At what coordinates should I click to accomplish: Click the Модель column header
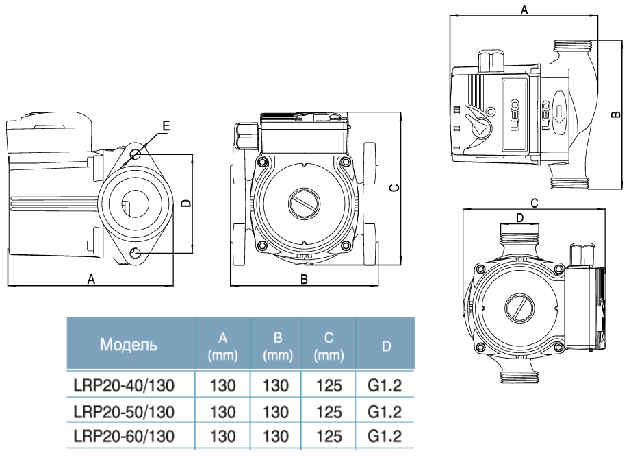(129, 343)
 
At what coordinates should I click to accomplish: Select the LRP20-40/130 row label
(123, 385)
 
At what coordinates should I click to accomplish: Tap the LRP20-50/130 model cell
(123, 411)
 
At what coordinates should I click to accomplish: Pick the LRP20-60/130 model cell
(123, 436)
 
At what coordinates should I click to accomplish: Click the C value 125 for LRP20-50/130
(329, 411)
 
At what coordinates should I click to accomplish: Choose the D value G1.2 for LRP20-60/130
(385, 436)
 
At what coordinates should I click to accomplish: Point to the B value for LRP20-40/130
(276, 385)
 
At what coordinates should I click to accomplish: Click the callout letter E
(165, 126)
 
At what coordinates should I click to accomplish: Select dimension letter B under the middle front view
(304, 279)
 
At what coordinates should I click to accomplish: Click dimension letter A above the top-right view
(524, 10)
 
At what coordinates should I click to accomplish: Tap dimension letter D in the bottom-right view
(519, 218)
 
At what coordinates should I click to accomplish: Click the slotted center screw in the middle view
(302, 204)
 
